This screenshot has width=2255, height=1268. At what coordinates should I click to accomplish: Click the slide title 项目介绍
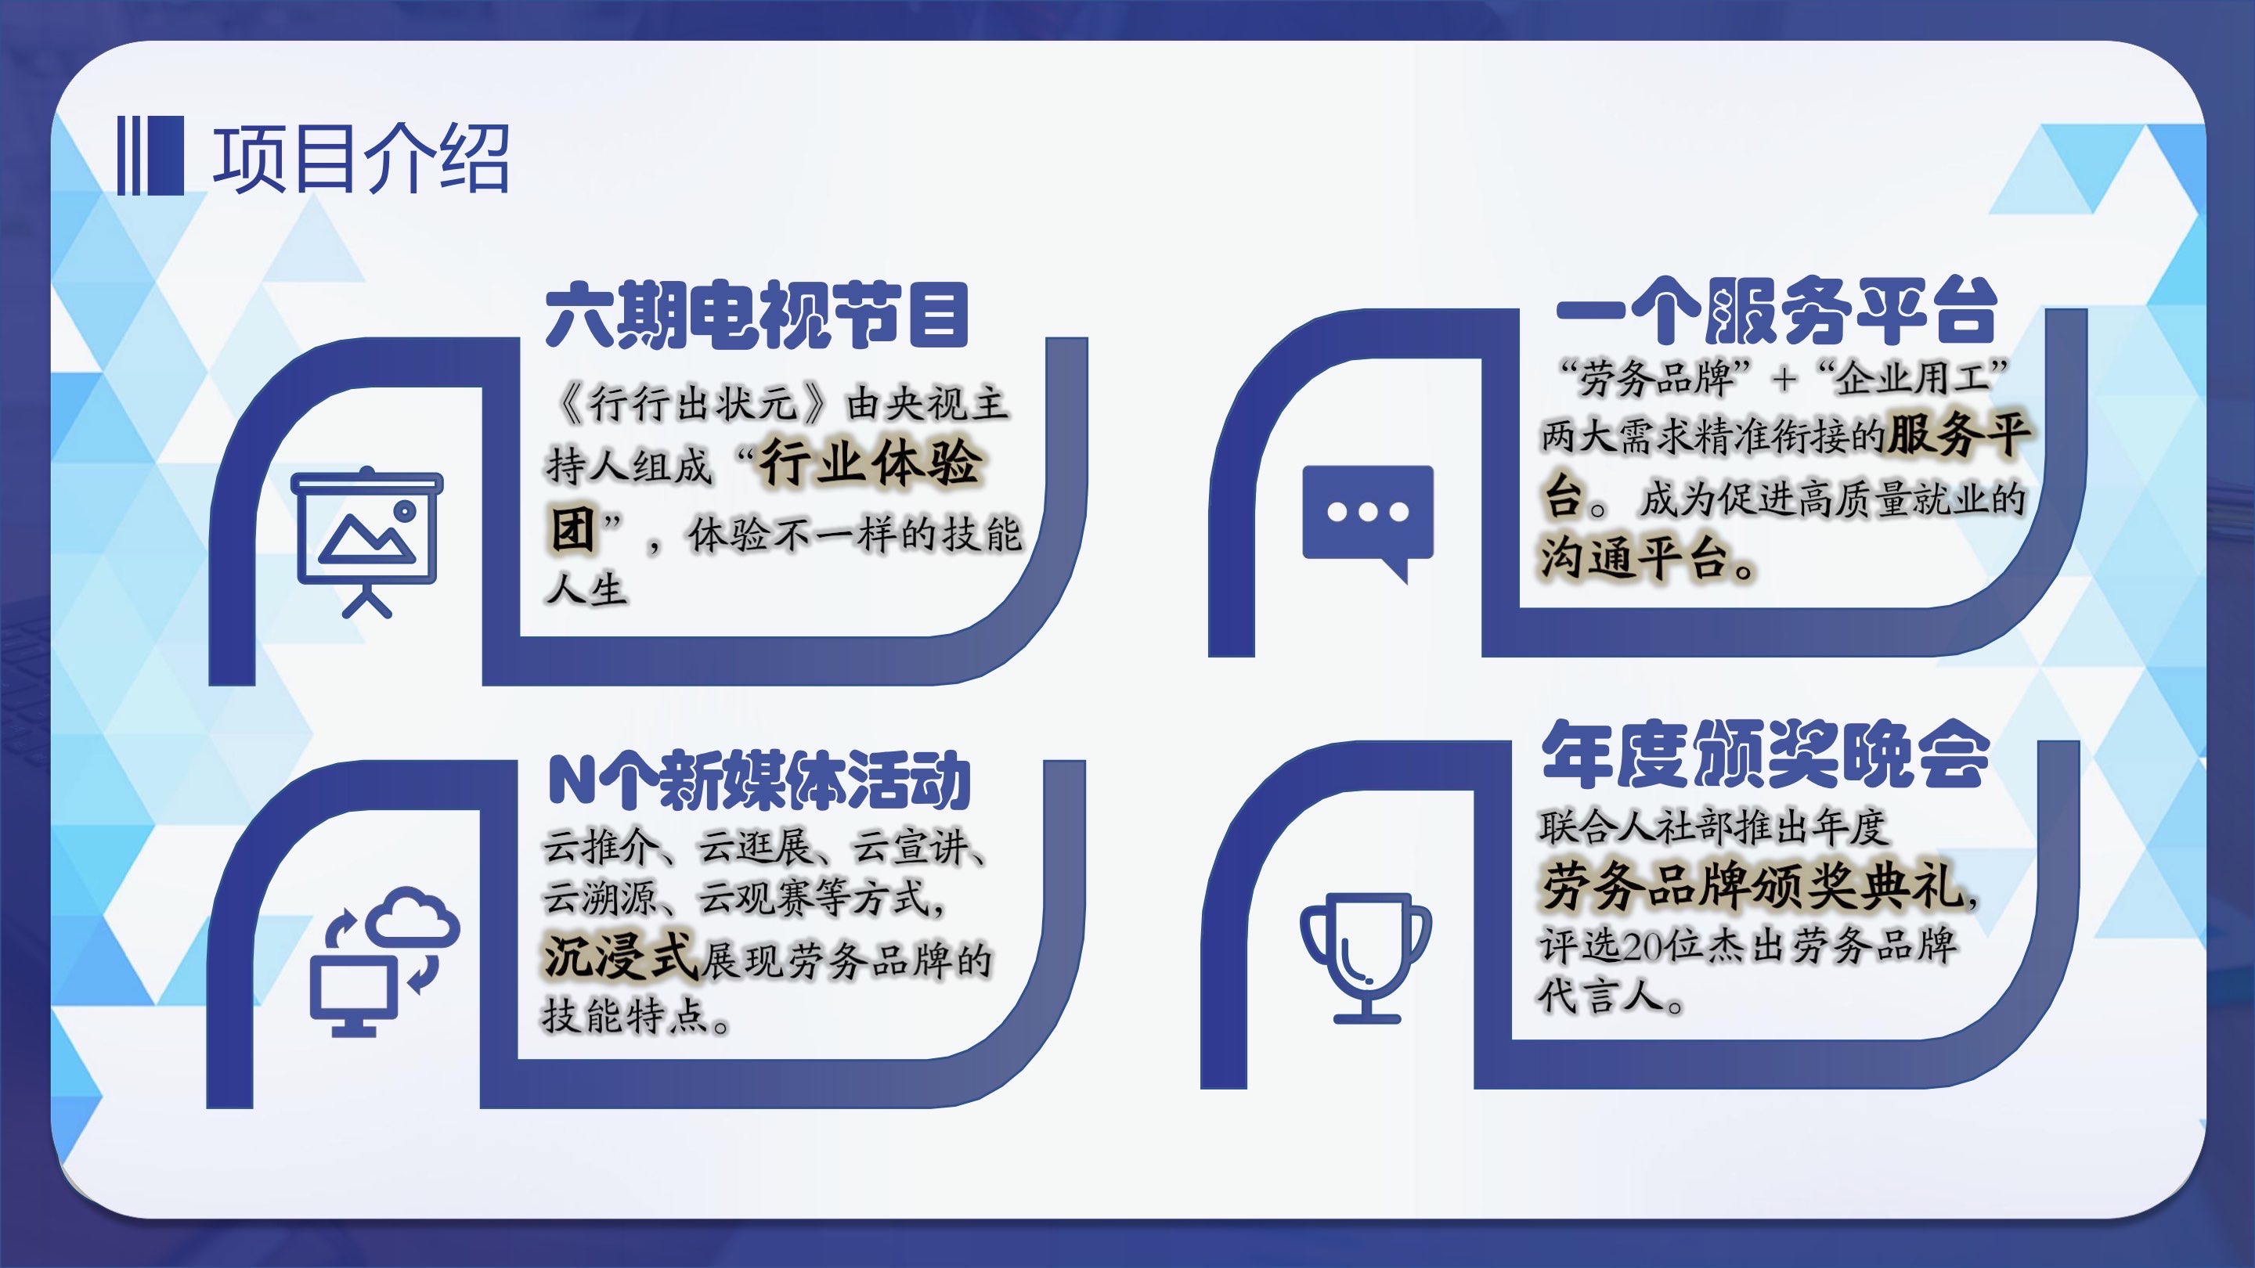(x=360, y=157)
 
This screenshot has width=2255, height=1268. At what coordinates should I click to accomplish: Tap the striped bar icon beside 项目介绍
(x=150, y=155)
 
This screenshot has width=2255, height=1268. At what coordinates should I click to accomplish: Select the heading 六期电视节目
(x=757, y=314)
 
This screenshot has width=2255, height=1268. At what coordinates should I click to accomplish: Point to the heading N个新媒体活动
(x=759, y=780)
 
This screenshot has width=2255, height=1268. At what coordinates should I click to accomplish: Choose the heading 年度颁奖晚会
(x=1766, y=754)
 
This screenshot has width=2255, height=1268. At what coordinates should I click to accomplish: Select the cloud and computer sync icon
(x=385, y=962)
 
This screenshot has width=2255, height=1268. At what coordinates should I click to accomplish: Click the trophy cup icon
(x=1366, y=957)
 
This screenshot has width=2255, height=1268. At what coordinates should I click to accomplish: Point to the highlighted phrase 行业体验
(x=869, y=463)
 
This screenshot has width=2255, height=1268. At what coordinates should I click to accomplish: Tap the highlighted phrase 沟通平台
(x=1633, y=558)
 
